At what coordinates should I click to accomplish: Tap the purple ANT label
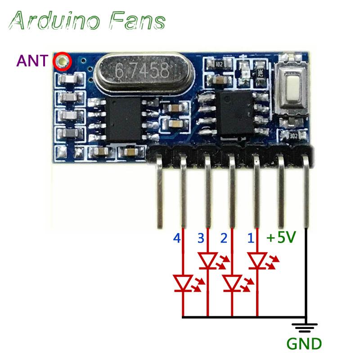(31, 61)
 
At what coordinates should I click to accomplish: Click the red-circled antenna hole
(62, 62)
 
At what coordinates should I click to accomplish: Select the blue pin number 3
(200, 238)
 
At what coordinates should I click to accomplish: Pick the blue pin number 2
(223, 238)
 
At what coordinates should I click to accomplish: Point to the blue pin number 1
(251, 238)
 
